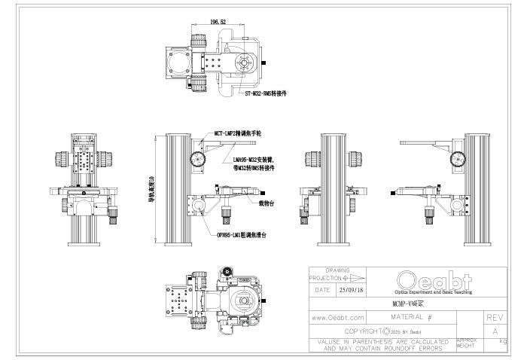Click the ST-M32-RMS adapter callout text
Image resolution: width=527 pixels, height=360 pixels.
click(x=267, y=94)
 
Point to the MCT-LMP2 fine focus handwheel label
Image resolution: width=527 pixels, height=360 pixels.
click(x=237, y=132)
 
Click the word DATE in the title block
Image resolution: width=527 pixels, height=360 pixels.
click(x=322, y=288)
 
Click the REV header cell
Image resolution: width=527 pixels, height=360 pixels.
click(x=495, y=319)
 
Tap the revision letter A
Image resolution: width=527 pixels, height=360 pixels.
click(x=495, y=331)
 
